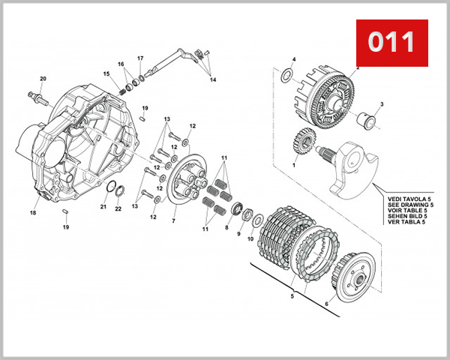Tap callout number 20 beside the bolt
click(43, 79)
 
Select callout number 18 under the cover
click(33, 213)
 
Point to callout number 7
click(173, 221)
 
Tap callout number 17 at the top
click(140, 58)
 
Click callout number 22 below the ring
click(118, 208)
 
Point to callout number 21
click(103, 206)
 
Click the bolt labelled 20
click(37, 97)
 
